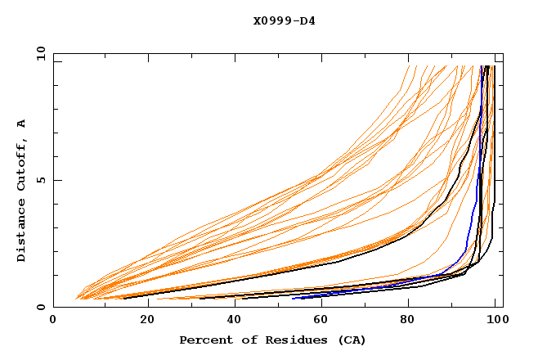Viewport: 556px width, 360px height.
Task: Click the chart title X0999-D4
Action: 284,20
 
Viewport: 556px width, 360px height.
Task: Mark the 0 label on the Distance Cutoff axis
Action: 41,308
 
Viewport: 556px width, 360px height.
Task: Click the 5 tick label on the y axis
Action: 41,180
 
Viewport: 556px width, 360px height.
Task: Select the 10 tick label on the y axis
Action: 38,53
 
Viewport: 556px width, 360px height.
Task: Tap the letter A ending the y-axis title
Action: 22,124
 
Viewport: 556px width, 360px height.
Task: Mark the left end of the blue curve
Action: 293,298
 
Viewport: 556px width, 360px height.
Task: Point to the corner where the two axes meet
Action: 54,308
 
